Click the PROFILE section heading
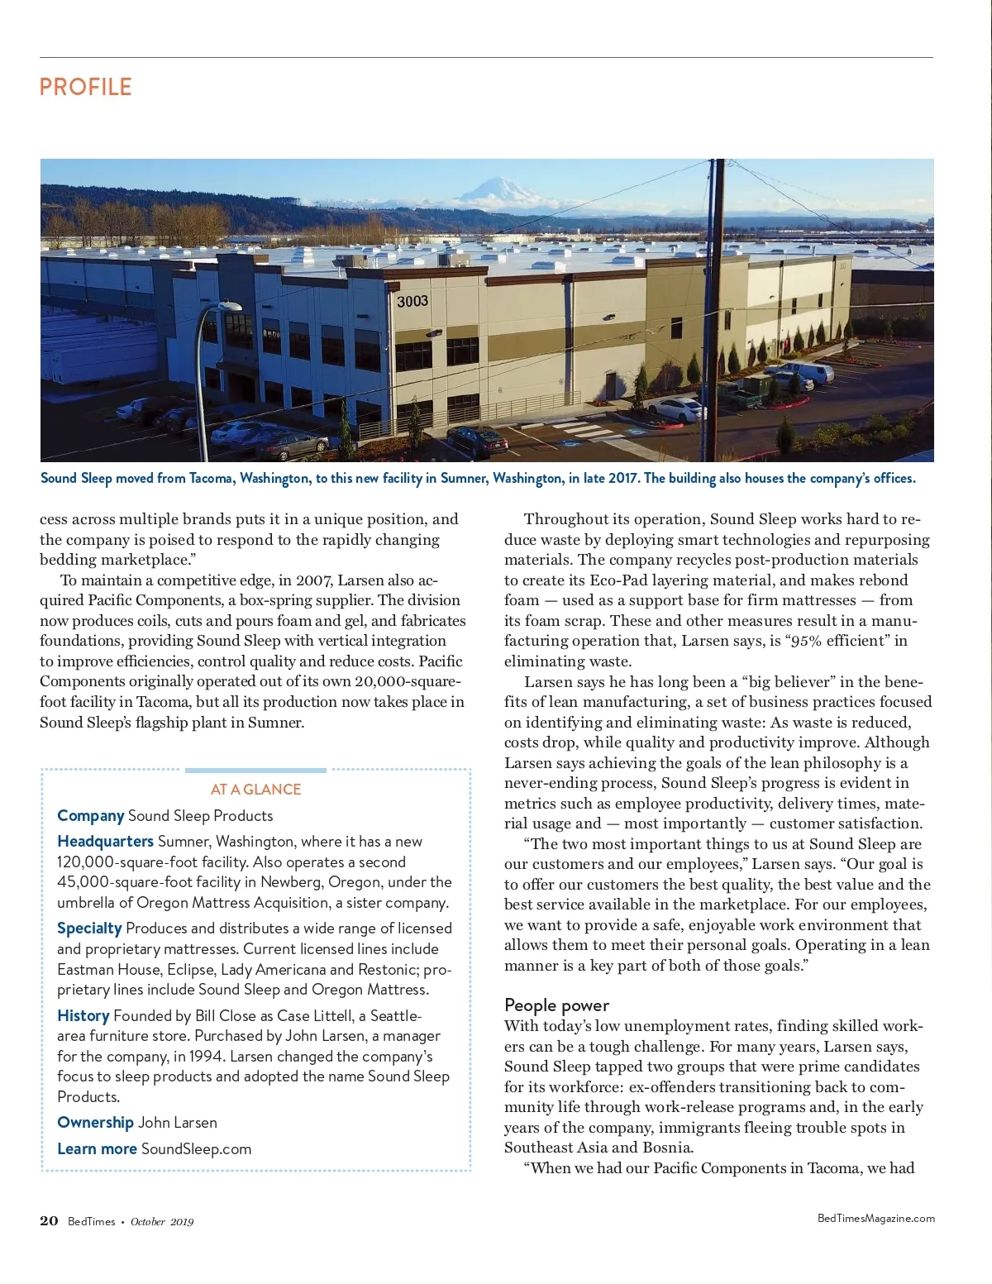coord(85,87)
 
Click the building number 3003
coord(412,301)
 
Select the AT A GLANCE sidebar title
coord(255,789)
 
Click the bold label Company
coord(90,815)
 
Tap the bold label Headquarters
coord(105,841)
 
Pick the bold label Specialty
coord(89,928)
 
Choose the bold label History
coord(83,1015)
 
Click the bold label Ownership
coord(95,1122)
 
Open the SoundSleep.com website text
coord(196,1148)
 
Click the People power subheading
coord(556,1005)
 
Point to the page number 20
coord(49,1220)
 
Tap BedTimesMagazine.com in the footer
coord(875,1218)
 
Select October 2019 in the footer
coord(162,1221)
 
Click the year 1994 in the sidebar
coord(206,1056)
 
